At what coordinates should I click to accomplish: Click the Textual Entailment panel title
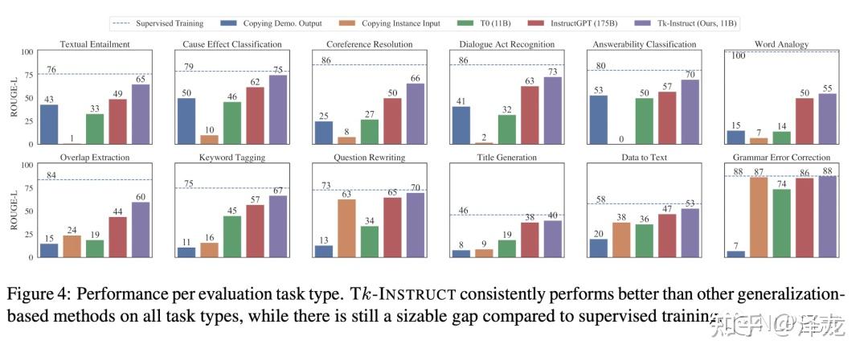pyautogui.click(x=94, y=43)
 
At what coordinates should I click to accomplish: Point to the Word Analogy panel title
pyautogui.click(x=781, y=43)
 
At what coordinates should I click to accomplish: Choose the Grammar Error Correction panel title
pyautogui.click(x=781, y=157)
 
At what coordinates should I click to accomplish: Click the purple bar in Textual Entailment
pyautogui.click(x=141, y=114)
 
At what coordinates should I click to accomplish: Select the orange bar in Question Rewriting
pyautogui.click(x=346, y=228)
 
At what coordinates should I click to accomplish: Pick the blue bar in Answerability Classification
pyautogui.click(x=599, y=120)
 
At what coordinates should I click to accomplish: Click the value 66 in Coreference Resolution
pyautogui.click(x=416, y=77)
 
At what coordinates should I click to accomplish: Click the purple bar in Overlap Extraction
pyautogui.click(x=141, y=230)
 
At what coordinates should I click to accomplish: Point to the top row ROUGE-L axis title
pyautogui.click(x=14, y=98)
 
